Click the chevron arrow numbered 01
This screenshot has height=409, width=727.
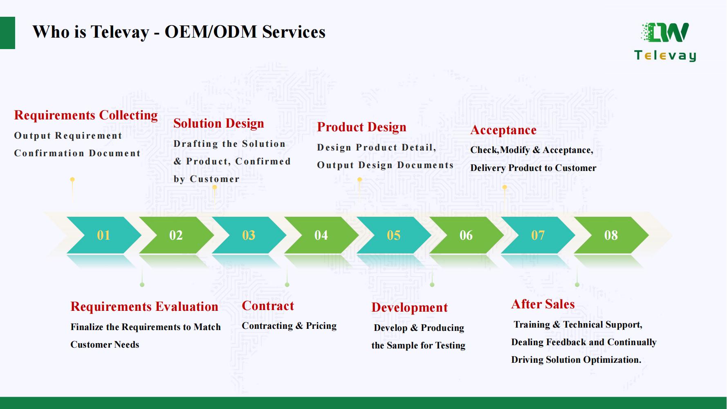click(103, 235)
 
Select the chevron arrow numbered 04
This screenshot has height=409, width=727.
click(321, 235)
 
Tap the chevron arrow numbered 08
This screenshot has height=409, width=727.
click(611, 235)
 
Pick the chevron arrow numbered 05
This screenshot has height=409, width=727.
click(393, 235)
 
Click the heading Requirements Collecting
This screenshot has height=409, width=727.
click(86, 115)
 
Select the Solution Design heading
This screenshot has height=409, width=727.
click(218, 124)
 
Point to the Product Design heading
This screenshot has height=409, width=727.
click(361, 127)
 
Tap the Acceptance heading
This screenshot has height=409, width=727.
click(503, 130)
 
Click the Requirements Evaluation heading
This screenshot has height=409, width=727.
click(144, 307)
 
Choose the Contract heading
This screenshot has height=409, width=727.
click(268, 306)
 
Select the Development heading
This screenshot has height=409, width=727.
click(409, 308)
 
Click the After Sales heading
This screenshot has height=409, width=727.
click(543, 304)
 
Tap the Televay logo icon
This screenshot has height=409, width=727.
click(665, 33)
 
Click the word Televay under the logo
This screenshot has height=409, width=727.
click(665, 56)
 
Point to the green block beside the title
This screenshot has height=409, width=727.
click(7, 33)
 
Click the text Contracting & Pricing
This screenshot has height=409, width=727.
click(289, 326)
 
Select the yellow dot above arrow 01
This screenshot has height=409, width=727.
click(72, 180)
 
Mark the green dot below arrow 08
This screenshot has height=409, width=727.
click(577, 285)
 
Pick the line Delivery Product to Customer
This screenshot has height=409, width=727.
click(533, 168)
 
